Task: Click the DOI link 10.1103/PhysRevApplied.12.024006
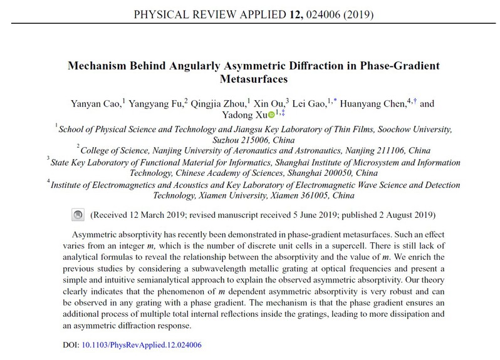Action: click(x=142, y=344)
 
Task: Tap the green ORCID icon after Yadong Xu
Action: click(x=271, y=115)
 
